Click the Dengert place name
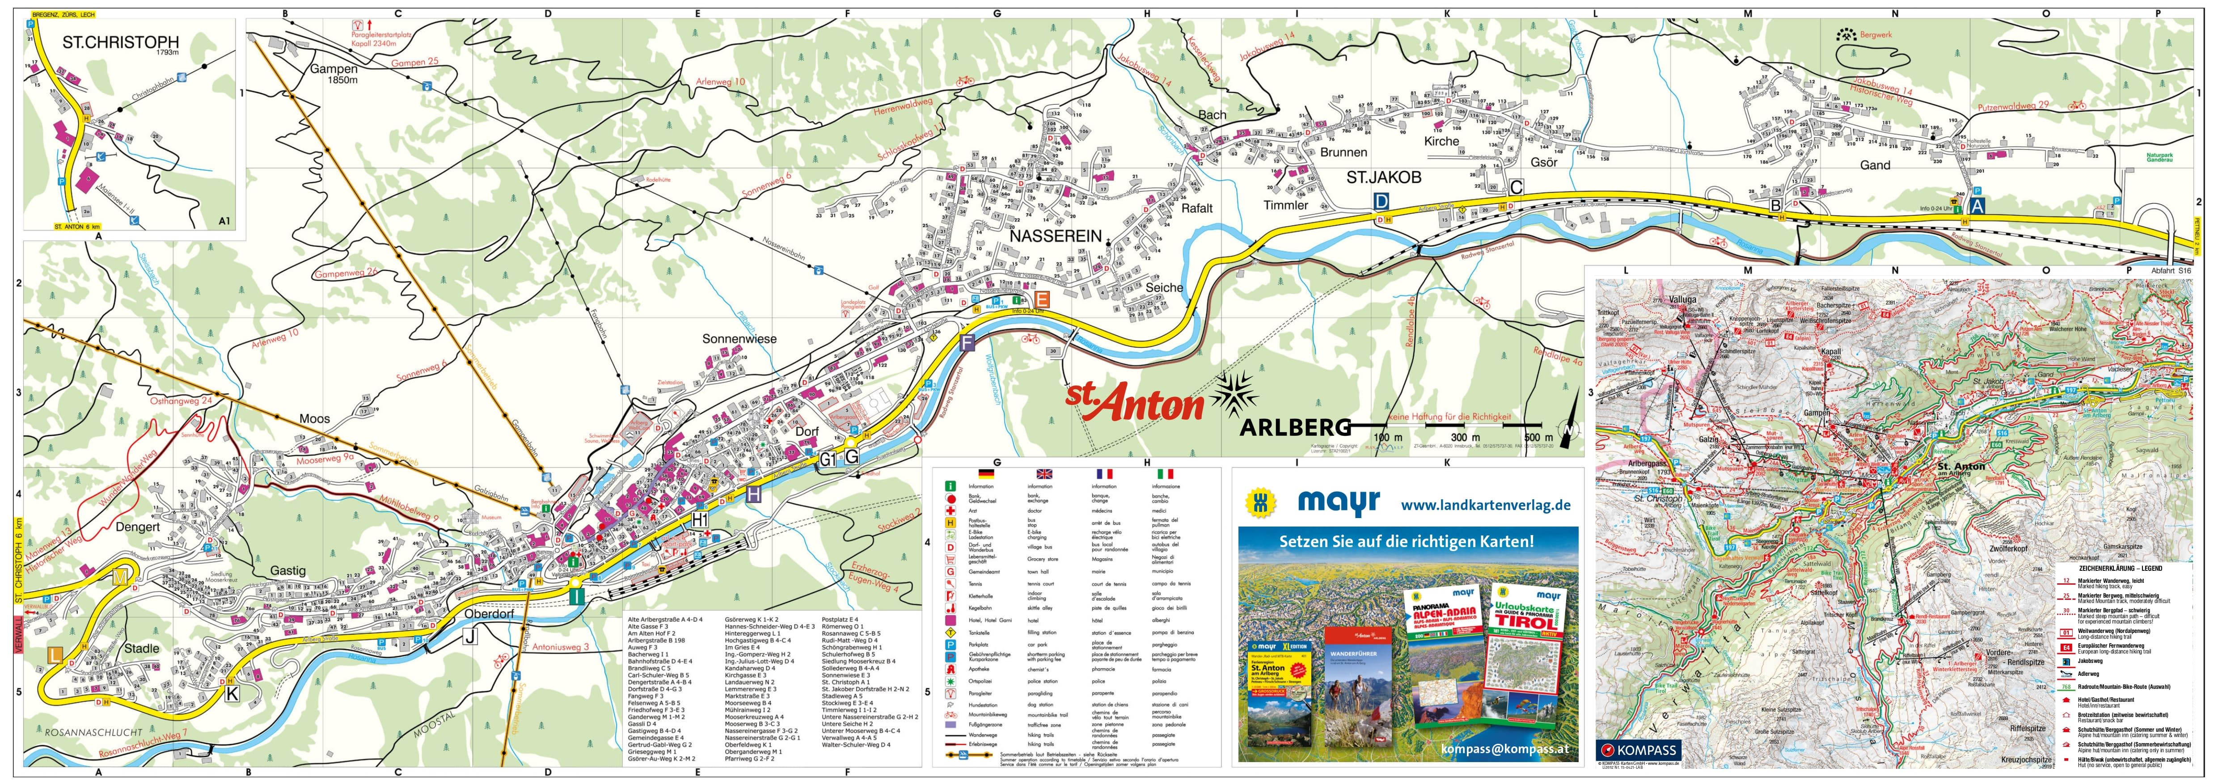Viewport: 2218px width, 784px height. pyautogui.click(x=139, y=527)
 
